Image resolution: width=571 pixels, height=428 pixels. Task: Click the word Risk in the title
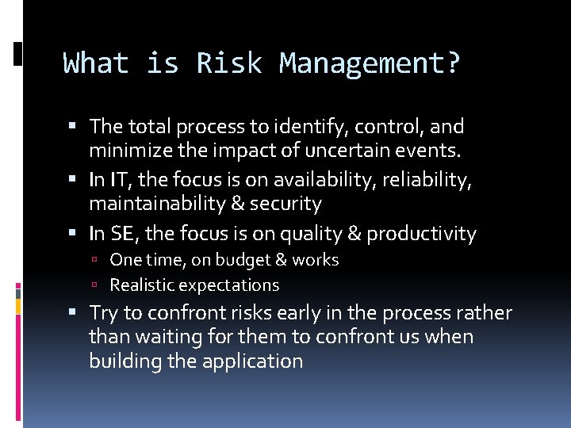pyautogui.click(x=229, y=63)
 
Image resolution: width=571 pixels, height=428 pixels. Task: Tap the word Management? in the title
pyautogui.click(x=370, y=63)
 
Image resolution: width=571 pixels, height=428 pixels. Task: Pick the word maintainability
pyautogui.click(x=157, y=204)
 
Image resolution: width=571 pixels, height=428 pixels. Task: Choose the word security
pyautogui.click(x=285, y=204)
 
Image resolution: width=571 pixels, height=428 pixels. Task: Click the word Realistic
pyautogui.click(x=142, y=285)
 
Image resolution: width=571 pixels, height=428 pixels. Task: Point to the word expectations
pyautogui.click(x=229, y=285)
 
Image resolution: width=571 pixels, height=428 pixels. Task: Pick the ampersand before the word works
pyautogui.click(x=282, y=260)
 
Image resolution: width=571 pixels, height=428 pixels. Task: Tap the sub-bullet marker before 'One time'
pyautogui.click(x=94, y=261)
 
